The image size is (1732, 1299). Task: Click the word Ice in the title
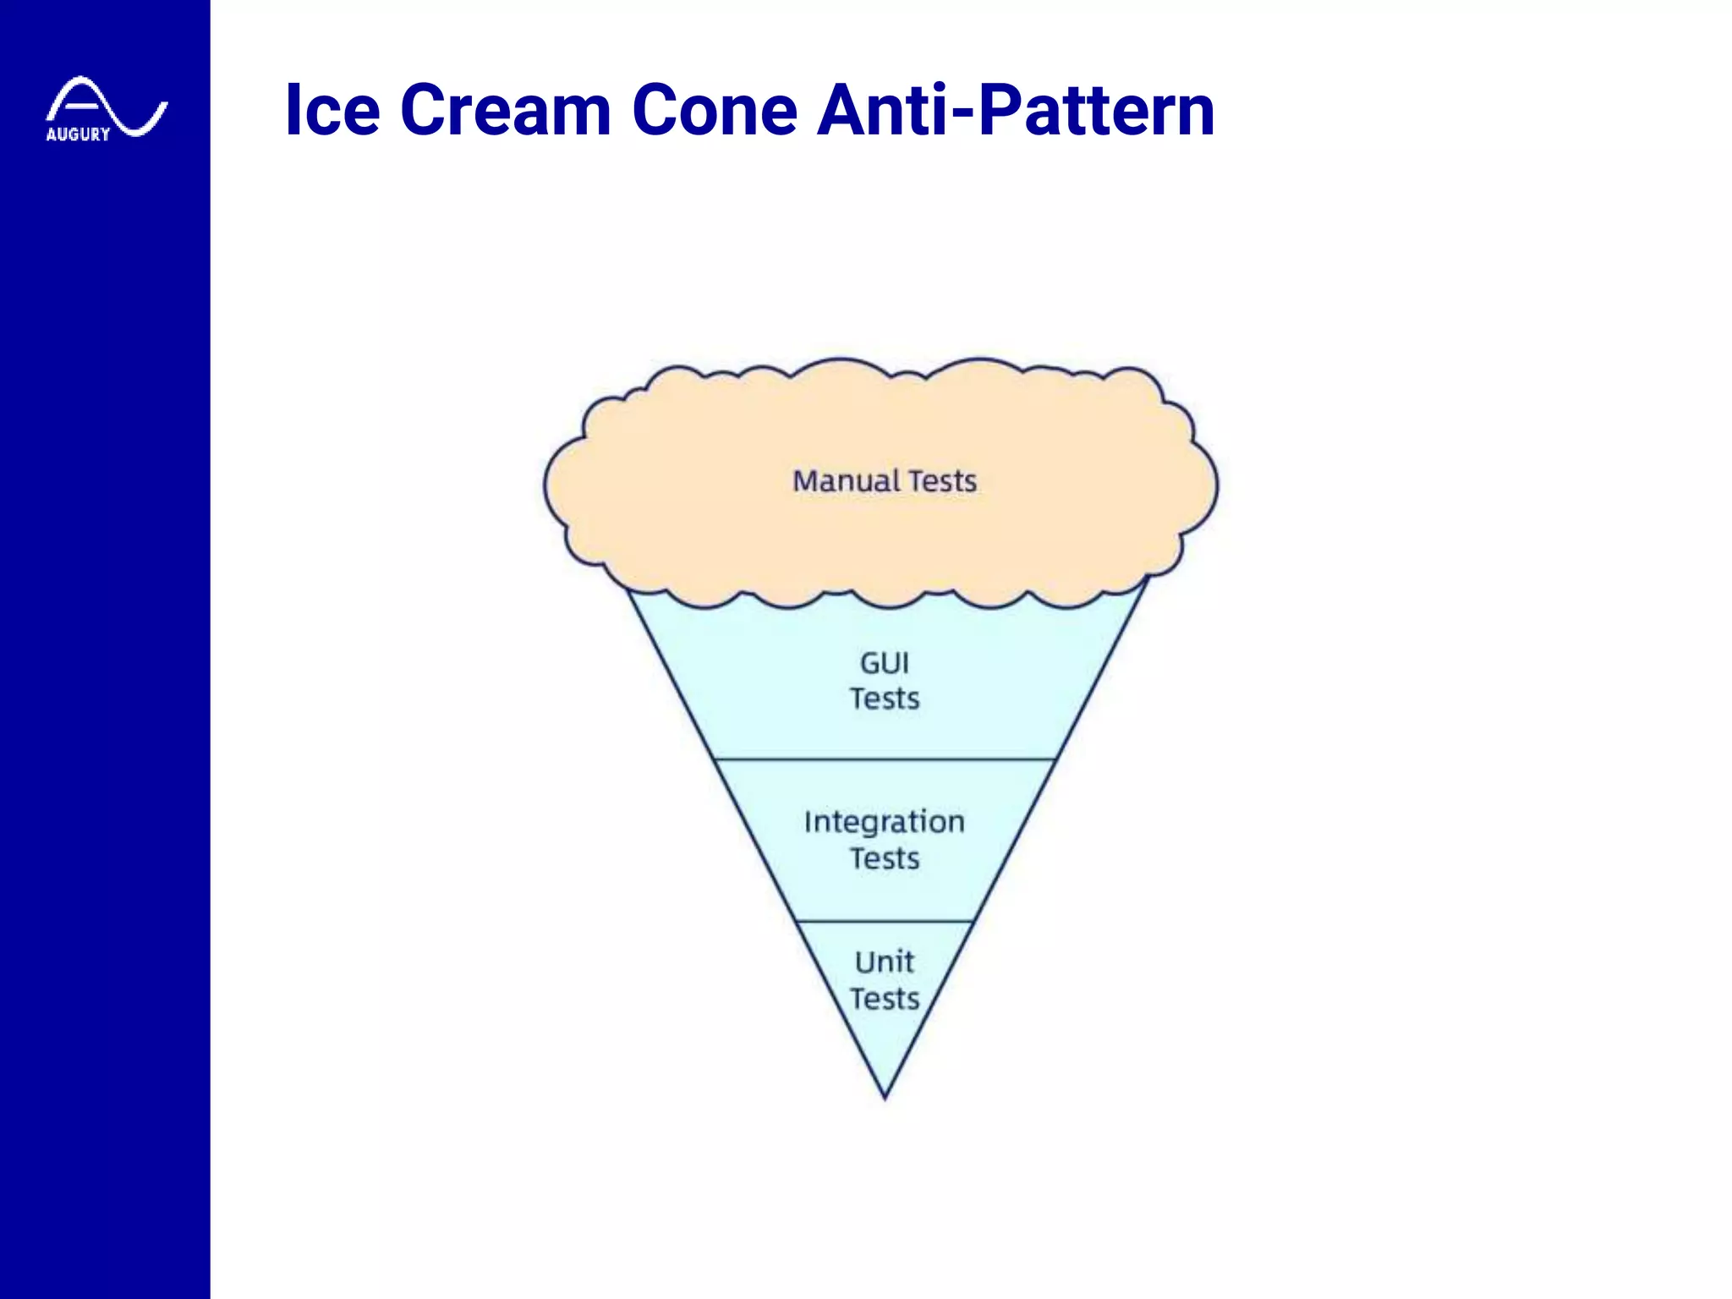[x=332, y=110]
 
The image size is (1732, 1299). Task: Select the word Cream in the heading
[x=505, y=110]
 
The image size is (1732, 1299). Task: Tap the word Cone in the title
[x=715, y=110]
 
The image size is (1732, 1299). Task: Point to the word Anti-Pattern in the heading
[x=1016, y=110]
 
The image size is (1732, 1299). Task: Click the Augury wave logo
[x=107, y=107]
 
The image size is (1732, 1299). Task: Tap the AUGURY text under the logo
[x=78, y=134]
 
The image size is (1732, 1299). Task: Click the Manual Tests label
[x=885, y=481]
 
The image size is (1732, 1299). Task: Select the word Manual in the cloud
[x=846, y=481]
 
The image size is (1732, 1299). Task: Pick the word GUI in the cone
[x=885, y=663]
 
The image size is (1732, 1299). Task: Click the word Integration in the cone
[x=885, y=822]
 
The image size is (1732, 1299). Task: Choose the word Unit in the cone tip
[x=885, y=962]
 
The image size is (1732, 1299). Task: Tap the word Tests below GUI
[x=885, y=699]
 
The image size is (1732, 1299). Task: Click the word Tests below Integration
[x=885, y=859]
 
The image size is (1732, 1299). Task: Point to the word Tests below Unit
[x=885, y=1000]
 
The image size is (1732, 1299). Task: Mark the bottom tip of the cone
[x=885, y=1097]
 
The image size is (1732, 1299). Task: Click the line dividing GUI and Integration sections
[x=885, y=759]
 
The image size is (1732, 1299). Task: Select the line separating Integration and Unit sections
[x=885, y=921]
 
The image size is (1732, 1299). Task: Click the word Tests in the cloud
[x=943, y=481]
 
